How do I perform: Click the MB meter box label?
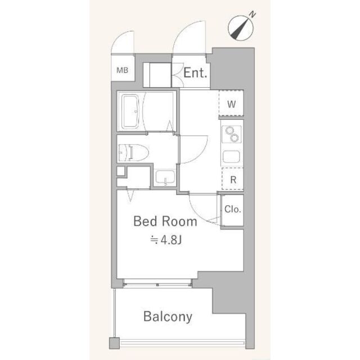[x=122, y=70]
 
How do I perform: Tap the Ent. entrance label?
[x=195, y=73]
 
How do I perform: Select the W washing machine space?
[x=231, y=103]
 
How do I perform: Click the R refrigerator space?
[x=233, y=179]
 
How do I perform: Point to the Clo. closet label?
[x=232, y=209]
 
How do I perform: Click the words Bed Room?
[x=165, y=222]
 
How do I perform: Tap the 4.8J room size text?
[x=166, y=240]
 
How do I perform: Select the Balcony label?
[x=168, y=317]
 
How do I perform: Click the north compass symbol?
[x=240, y=28]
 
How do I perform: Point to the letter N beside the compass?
[x=253, y=15]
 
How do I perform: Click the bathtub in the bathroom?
[x=130, y=112]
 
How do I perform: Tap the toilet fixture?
[x=133, y=152]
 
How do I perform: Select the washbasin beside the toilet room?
[x=165, y=178]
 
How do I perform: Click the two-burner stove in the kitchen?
[x=231, y=134]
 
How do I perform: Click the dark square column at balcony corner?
[x=114, y=343]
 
